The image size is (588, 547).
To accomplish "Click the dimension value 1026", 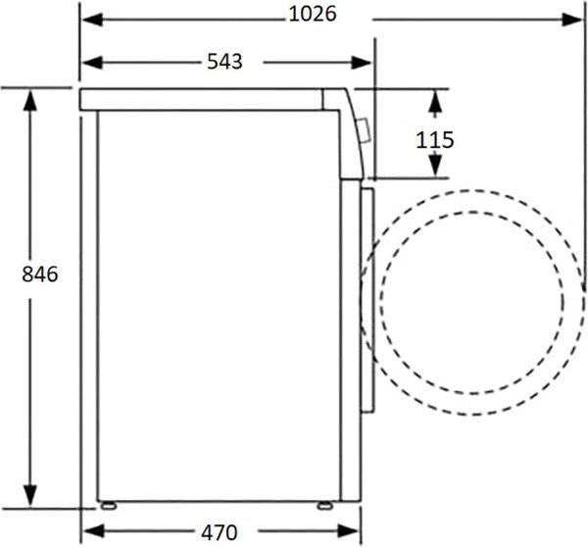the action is click(313, 15).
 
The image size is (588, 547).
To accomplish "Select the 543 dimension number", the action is click(224, 61).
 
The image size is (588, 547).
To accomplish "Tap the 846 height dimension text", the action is click(40, 273).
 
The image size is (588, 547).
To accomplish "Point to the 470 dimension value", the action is click(219, 532).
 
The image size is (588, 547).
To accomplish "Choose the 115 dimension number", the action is click(435, 140).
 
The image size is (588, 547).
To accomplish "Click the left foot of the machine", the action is click(109, 506).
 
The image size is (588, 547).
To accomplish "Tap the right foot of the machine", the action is click(324, 506).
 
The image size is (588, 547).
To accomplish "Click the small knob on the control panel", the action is click(365, 130).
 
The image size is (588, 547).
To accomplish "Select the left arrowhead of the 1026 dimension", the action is click(92, 20).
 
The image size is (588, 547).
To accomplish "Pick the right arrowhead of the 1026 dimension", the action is click(572, 20).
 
